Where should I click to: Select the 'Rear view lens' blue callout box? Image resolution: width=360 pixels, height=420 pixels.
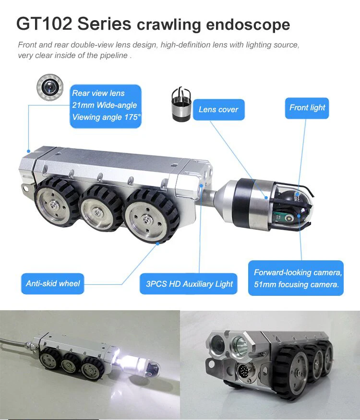[x=106, y=106]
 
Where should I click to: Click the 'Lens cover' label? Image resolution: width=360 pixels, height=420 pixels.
[x=218, y=110]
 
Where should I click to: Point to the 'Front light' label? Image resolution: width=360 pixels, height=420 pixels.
[x=307, y=108]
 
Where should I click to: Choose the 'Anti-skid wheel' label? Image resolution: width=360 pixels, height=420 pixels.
[x=53, y=283]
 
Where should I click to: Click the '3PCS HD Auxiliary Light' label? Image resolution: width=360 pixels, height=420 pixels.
[x=189, y=284]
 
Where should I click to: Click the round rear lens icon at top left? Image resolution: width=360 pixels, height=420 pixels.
[x=49, y=87]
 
